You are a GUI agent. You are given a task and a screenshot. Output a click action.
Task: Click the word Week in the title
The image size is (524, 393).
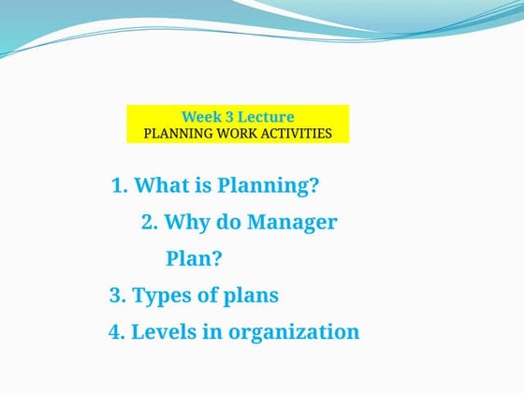pyautogui.click(x=201, y=117)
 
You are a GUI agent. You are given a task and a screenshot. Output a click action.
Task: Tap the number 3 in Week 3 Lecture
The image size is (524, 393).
pyautogui.click(x=229, y=117)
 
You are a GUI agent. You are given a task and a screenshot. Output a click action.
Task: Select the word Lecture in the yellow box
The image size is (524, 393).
pyautogui.click(x=266, y=117)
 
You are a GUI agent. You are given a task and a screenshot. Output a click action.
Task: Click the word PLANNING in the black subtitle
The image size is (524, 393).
pyautogui.click(x=178, y=133)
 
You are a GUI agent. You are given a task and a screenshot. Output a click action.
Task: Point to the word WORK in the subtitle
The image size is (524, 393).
pyautogui.click(x=234, y=133)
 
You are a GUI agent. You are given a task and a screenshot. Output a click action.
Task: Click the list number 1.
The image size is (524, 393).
pyautogui.click(x=118, y=185)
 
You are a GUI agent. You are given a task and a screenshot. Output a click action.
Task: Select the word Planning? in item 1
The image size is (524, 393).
pyautogui.click(x=268, y=186)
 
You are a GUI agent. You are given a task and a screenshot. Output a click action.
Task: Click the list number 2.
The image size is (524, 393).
pyautogui.click(x=148, y=223)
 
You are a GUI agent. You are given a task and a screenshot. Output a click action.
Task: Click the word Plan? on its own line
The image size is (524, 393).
pyautogui.click(x=194, y=259)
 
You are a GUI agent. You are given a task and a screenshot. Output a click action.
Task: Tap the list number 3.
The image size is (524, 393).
pyautogui.click(x=117, y=296)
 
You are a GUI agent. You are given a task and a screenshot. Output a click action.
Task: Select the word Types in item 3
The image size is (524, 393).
pyautogui.click(x=163, y=296)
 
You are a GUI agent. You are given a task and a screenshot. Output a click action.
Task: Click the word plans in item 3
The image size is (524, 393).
pyautogui.click(x=248, y=297)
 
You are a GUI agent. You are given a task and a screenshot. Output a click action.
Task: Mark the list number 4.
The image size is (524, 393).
pyautogui.click(x=117, y=332)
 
